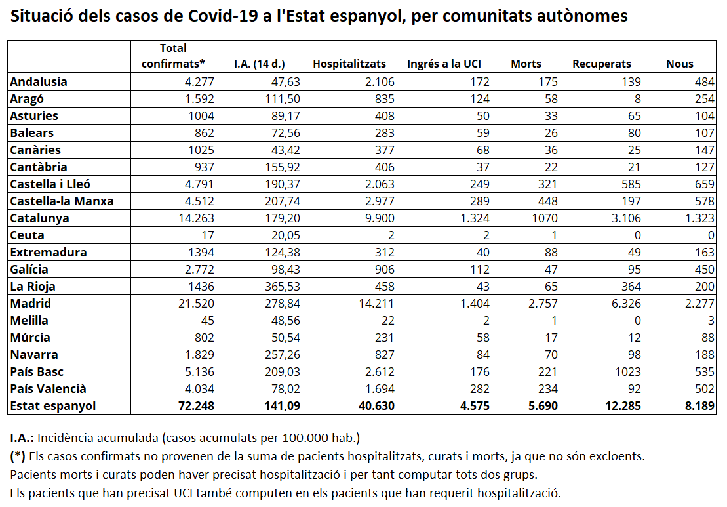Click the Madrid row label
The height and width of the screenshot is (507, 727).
coord(31,304)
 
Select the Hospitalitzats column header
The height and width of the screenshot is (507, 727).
coord(349,64)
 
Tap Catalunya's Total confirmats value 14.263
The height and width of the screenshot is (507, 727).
coord(197,218)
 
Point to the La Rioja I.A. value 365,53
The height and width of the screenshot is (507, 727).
coord(283,286)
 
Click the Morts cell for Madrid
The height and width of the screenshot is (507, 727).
coord(543,304)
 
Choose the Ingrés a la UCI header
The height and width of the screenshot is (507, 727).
coord(444,64)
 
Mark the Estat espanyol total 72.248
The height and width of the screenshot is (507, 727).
coord(197,406)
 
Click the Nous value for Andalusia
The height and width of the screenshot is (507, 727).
coord(704,81)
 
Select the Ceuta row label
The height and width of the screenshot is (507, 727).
coord(28,235)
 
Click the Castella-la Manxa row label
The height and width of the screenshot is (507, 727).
coord(62,201)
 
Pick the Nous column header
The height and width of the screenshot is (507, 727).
coord(680,64)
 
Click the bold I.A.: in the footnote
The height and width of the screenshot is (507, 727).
coord(22,438)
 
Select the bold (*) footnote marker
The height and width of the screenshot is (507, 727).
coord(18,456)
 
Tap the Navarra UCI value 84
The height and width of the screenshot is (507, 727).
coord(482,354)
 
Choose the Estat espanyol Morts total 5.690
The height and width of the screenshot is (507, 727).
coord(543,406)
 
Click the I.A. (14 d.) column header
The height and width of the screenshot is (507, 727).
coord(259,64)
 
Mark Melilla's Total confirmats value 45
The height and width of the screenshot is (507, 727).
coord(207,321)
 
